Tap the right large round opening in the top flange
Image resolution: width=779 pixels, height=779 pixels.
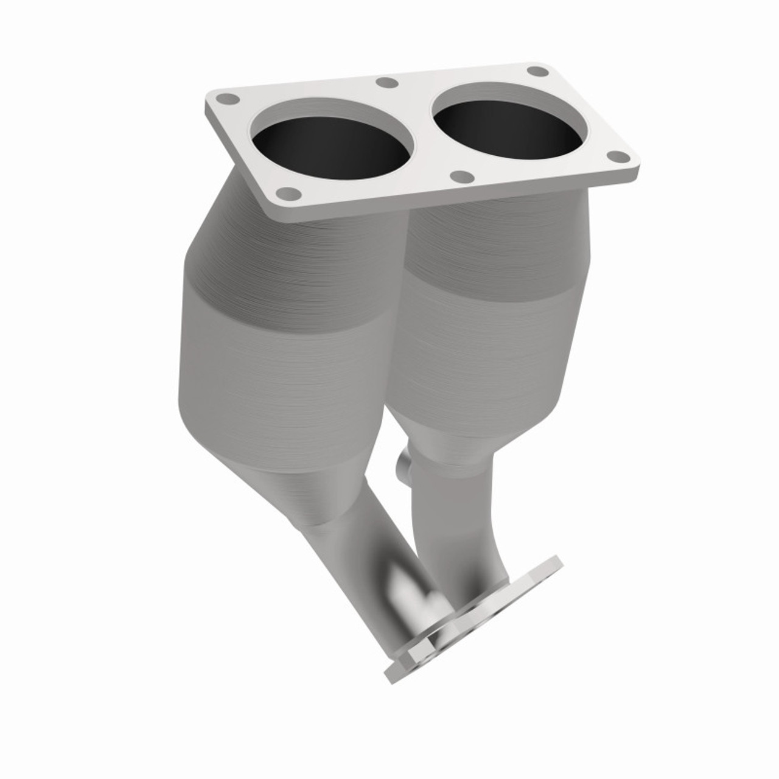[x=510, y=127]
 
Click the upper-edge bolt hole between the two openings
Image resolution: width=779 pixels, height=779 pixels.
[x=385, y=83]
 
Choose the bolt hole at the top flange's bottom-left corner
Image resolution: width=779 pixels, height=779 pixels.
[x=288, y=194]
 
